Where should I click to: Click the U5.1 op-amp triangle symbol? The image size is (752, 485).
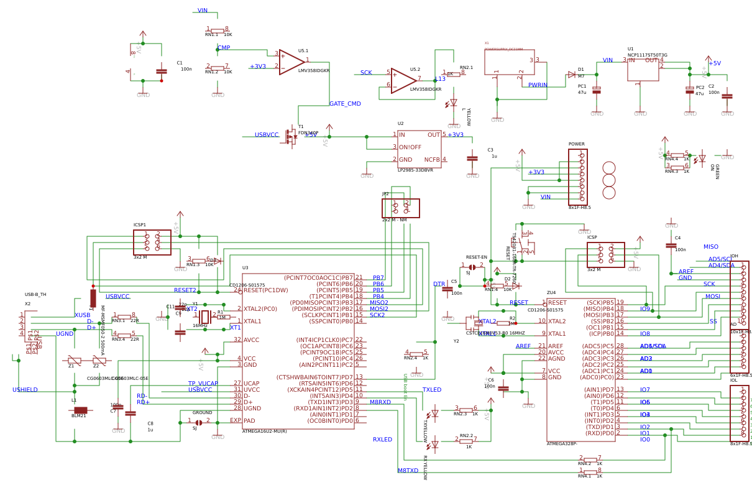point(291,62)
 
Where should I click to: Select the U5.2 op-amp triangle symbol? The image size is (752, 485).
point(403,81)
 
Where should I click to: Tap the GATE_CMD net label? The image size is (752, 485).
point(345,104)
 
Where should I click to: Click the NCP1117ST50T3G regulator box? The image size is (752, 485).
point(643,70)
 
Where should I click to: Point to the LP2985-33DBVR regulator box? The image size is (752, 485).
point(420,149)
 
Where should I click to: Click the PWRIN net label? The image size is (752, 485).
point(538,85)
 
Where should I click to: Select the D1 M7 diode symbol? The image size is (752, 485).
point(572,75)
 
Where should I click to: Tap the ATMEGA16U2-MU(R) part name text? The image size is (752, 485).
point(264,431)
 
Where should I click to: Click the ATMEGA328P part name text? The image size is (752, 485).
point(562,443)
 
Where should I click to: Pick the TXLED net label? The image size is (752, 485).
point(432,390)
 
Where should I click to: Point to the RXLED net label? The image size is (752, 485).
point(382,440)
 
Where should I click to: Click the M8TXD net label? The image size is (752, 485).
point(408,471)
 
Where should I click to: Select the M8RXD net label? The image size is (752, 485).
point(380,402)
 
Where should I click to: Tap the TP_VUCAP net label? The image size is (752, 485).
point(203,384)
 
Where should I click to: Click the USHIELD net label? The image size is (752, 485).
point(25,390)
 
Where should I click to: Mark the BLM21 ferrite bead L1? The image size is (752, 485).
point(81,410)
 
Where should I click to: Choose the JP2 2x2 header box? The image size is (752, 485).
point(401,208)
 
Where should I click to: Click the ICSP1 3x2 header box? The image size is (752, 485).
point(152,242)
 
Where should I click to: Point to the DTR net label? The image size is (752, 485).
point(439,284)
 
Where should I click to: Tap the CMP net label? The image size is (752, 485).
point(224,48)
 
